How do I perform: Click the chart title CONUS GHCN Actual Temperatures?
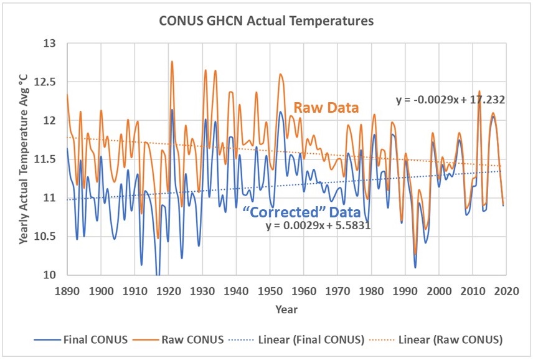pos(266,21)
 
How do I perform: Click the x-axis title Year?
pos(287,309)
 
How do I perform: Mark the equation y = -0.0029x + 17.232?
pos(450,99)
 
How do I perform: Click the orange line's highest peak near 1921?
pos(172,61)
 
